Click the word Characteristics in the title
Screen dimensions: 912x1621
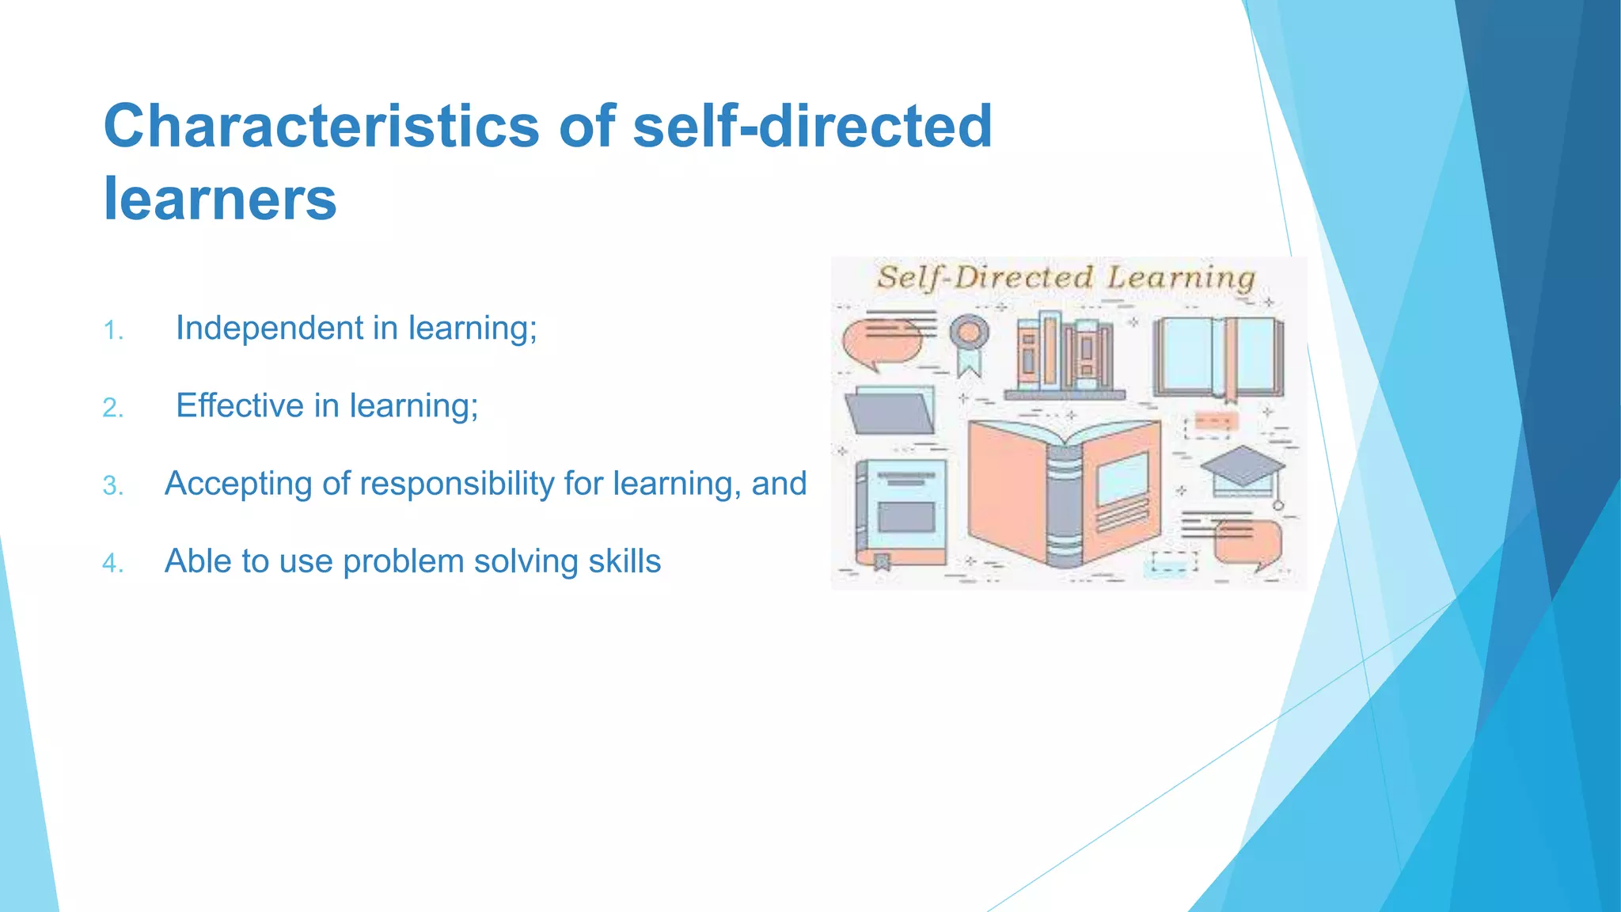coord(321,127)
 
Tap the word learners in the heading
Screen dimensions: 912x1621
coord(220,199)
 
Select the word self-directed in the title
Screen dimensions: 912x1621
coord(812,127)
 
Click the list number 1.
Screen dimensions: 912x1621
coord(113,331)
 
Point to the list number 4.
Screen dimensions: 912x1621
coord(113,564)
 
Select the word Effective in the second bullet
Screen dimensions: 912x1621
coord(240,405)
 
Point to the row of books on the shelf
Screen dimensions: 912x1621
coord(1065,355)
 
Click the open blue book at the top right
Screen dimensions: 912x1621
coord(1218,356)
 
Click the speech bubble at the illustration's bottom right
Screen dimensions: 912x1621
coord(1246,542)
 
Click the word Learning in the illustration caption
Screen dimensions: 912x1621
coord(1180,279)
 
